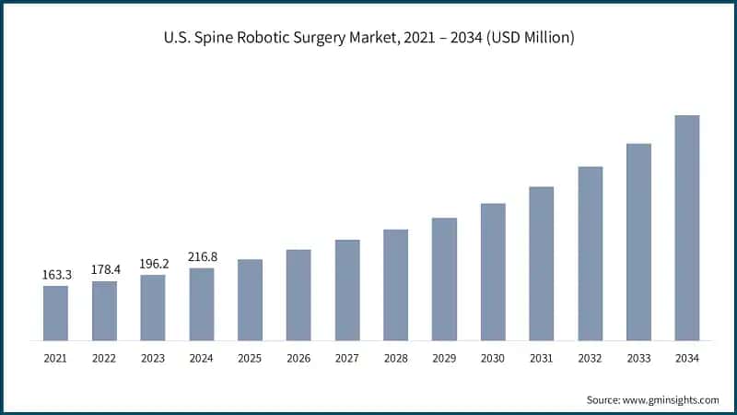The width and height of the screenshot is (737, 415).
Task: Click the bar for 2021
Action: (x=55, y=314)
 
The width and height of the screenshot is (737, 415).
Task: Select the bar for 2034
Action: (x=687, y=228)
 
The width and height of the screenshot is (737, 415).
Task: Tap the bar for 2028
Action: (x=395, y=285)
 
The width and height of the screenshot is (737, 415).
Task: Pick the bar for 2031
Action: (x=542, y=264)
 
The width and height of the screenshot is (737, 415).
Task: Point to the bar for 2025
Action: (x=250, y=300)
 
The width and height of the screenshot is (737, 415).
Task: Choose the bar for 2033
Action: (x=638, y=242)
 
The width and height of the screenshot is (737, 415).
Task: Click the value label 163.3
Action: (x=55, y=275)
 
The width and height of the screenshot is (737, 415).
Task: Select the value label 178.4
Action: (x=104, y=269)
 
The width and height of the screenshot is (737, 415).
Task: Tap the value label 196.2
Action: (x=153, y=264)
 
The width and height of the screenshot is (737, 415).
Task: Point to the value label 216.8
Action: (x=201, y=257)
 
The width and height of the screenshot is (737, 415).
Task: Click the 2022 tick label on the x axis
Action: (x=104, y=357)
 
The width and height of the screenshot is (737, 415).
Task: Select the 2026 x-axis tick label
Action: (x=298, y=357)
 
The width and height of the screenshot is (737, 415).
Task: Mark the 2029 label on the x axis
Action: (x=444, y=357)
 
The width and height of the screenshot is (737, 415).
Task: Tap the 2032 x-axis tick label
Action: (x=590, y=357)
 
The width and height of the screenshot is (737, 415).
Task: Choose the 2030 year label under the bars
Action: (x=493, y=357)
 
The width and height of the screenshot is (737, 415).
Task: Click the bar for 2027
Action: (x=347, y=290)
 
